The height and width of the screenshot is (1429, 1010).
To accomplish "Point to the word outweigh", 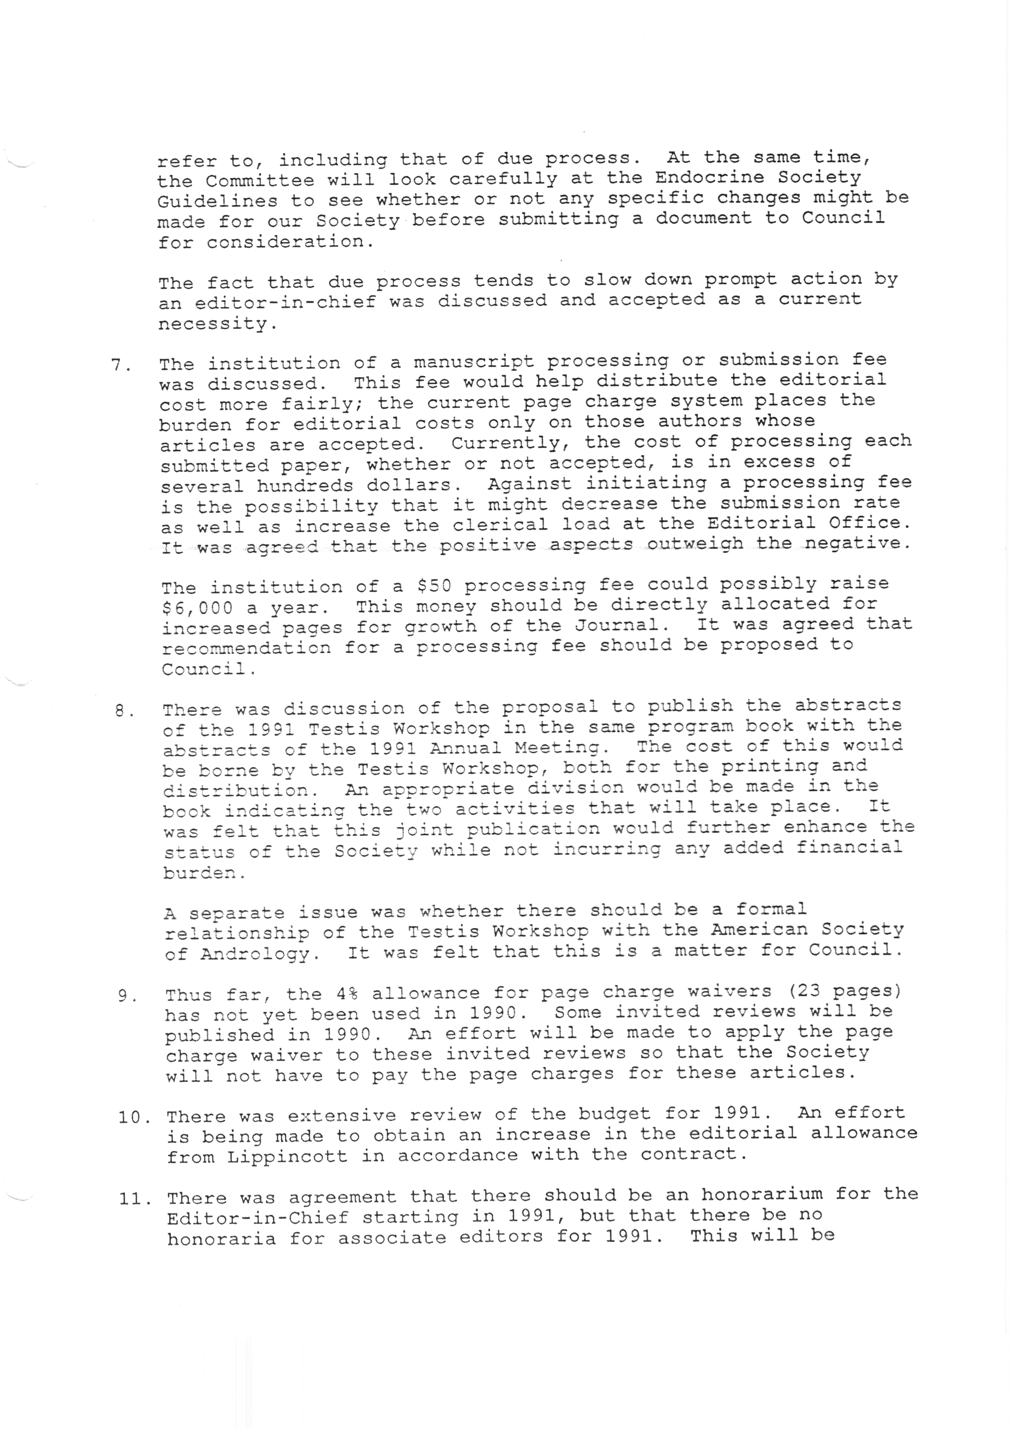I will coord(695,544).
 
